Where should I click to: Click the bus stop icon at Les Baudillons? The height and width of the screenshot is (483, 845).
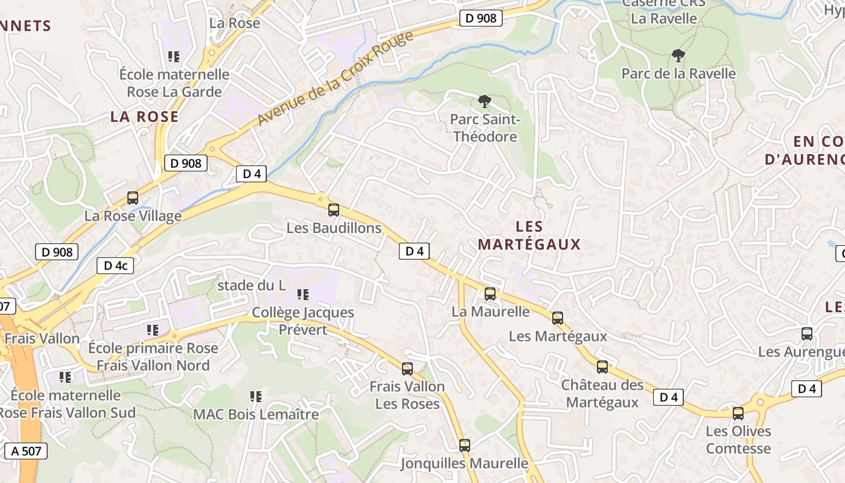[x=333, y=210]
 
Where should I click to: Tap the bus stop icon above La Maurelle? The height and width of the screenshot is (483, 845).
[x=490, y=294]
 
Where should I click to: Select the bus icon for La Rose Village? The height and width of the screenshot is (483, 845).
[x=133, y=197]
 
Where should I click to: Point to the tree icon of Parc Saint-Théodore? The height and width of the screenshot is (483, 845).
[x=483, y=101]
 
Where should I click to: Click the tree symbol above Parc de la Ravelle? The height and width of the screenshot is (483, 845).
[x=678, y=56]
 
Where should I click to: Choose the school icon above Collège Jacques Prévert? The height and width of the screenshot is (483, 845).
[x=303, y=295]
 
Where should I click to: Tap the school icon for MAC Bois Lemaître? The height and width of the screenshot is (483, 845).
[x=256, y=397]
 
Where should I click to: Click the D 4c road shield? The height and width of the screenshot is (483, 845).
[x=115, y=266]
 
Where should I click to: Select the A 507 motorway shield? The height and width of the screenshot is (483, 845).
[x=25, y=450]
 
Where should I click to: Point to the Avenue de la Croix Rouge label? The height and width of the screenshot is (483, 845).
[x=336, y=78]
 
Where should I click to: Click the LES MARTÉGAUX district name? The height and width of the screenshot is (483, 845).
[x=529, y=235]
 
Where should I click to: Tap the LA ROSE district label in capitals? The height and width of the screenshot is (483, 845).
[x=144, y=117]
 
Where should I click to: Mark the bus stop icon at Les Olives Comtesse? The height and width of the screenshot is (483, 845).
[x=738, y=414]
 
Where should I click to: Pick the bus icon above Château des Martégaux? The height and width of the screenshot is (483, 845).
[x=602, y=367]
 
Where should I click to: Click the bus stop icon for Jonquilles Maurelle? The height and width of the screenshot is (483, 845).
[x=464, y=446]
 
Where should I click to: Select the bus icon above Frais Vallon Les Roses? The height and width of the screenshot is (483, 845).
[x=407, y=368]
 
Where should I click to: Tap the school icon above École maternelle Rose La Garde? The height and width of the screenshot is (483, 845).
[x=174, y=57]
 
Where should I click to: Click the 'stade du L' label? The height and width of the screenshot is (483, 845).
[x=251, y=286]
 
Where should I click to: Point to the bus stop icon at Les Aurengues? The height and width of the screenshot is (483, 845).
[x=806, y=333]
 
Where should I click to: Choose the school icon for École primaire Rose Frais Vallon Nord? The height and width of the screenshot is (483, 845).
[x=153, y=330]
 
